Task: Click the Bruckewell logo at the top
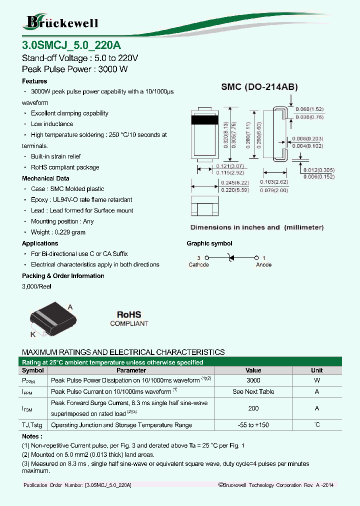61,21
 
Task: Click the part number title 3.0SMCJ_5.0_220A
68,44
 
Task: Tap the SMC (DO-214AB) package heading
259,87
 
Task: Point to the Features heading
34,81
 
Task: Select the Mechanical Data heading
45,178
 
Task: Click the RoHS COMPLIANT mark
129,318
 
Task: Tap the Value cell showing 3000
253,380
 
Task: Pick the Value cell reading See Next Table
253,392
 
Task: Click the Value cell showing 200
253,408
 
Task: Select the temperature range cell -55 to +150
253,425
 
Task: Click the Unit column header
316,370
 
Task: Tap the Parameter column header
131,370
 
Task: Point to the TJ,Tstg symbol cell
33,425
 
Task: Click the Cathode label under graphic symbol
198,264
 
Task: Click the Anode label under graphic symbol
263,264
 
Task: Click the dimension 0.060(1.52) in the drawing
309,109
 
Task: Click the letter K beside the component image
33,334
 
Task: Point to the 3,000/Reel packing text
36,286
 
